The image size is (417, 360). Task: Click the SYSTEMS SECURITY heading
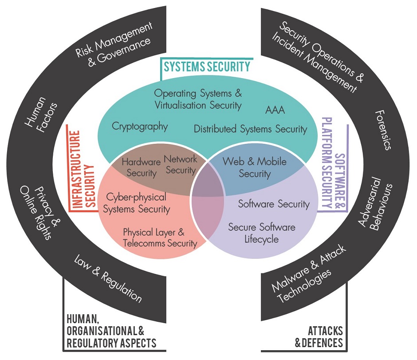(x=207, y=67)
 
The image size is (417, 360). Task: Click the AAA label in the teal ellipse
(x=275, y=110)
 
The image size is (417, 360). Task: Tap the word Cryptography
(x=140, y=127)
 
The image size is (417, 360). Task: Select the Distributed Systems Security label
(x=250, y=129)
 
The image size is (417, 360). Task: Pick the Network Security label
(x=180, y=164)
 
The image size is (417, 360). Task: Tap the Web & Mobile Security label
(x=254, y=167)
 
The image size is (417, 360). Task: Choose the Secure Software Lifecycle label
(x=261, y=233)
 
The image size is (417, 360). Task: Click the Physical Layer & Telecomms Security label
(x=160, y=237)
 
